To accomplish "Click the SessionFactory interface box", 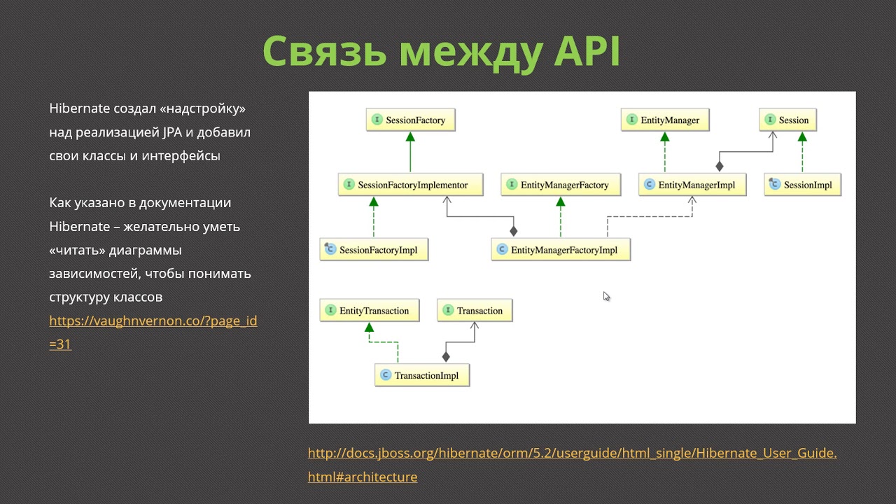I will coord(410,120).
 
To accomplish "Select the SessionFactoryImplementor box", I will coord(410,185).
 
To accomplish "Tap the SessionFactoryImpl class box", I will coord(374,250).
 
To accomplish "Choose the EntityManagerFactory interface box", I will coord(560,185).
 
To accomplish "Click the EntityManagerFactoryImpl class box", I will coord(561,250).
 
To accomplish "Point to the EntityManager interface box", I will coord(665,120).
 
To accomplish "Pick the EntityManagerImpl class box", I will coord(692,185).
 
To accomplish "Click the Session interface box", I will coord(788,120).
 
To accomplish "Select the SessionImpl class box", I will coord(802,185).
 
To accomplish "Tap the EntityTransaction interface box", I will coord(369,311).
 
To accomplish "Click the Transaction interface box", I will coord(475,311).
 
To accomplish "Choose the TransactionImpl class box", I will coord(421,376).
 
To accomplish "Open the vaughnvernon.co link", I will coord(153,321).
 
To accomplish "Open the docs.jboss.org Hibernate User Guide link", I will coord(572,454).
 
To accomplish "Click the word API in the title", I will coord(587,51).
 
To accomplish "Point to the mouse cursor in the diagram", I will coord(606,297).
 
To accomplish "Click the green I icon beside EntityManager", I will coord(632,120).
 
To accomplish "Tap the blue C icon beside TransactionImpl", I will coord(385,376).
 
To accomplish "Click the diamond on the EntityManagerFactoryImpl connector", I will coord(514,231).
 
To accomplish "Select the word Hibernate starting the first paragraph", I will coord(79,109).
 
